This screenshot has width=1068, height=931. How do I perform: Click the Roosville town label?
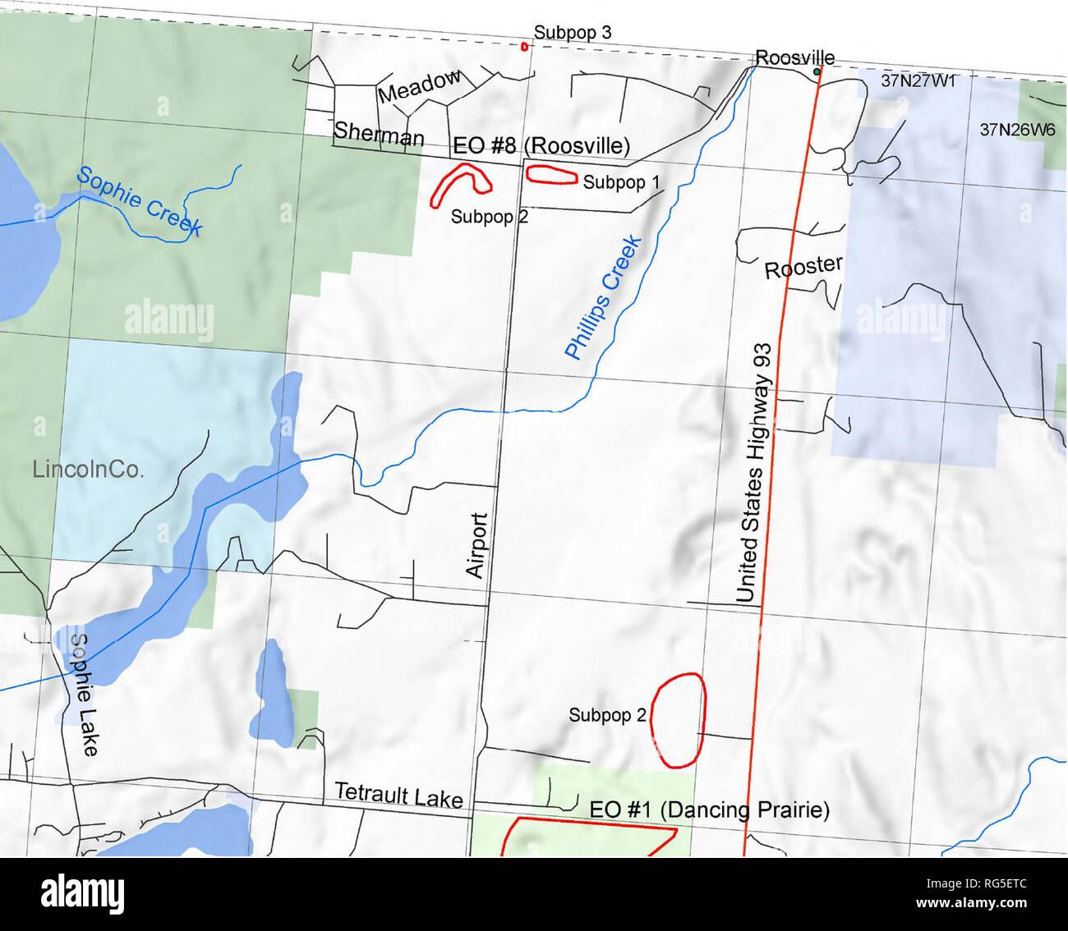pos(794,57)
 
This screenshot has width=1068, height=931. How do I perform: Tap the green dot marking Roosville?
pos(816,72)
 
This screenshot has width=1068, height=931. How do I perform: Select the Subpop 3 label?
pos(572,32)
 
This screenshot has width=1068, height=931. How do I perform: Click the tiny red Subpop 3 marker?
pos(524,46)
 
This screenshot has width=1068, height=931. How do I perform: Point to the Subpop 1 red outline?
pos(551,174)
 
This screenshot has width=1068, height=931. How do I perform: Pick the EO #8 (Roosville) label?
pos(541,145)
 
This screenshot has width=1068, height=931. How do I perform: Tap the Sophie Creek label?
pos(139,201)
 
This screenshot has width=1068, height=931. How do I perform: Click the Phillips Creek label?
pos(603,297)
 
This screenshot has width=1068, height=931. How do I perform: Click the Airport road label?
pos(477,545)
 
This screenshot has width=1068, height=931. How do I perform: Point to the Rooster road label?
pos(803,267)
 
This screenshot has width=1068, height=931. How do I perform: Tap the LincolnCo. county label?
pos(88,470)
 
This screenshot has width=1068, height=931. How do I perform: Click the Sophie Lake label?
pos(84,695)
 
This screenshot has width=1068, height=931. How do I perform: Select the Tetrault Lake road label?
pos(398,795)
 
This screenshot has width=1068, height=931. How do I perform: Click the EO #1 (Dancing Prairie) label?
pos(709,810)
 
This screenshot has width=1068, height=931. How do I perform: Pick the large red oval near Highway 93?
pos(679,721)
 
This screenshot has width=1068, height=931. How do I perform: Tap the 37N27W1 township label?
pos(918,80)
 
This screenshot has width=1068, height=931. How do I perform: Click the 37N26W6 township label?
pos(1017,129)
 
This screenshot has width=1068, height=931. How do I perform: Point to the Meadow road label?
pos(420,86)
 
